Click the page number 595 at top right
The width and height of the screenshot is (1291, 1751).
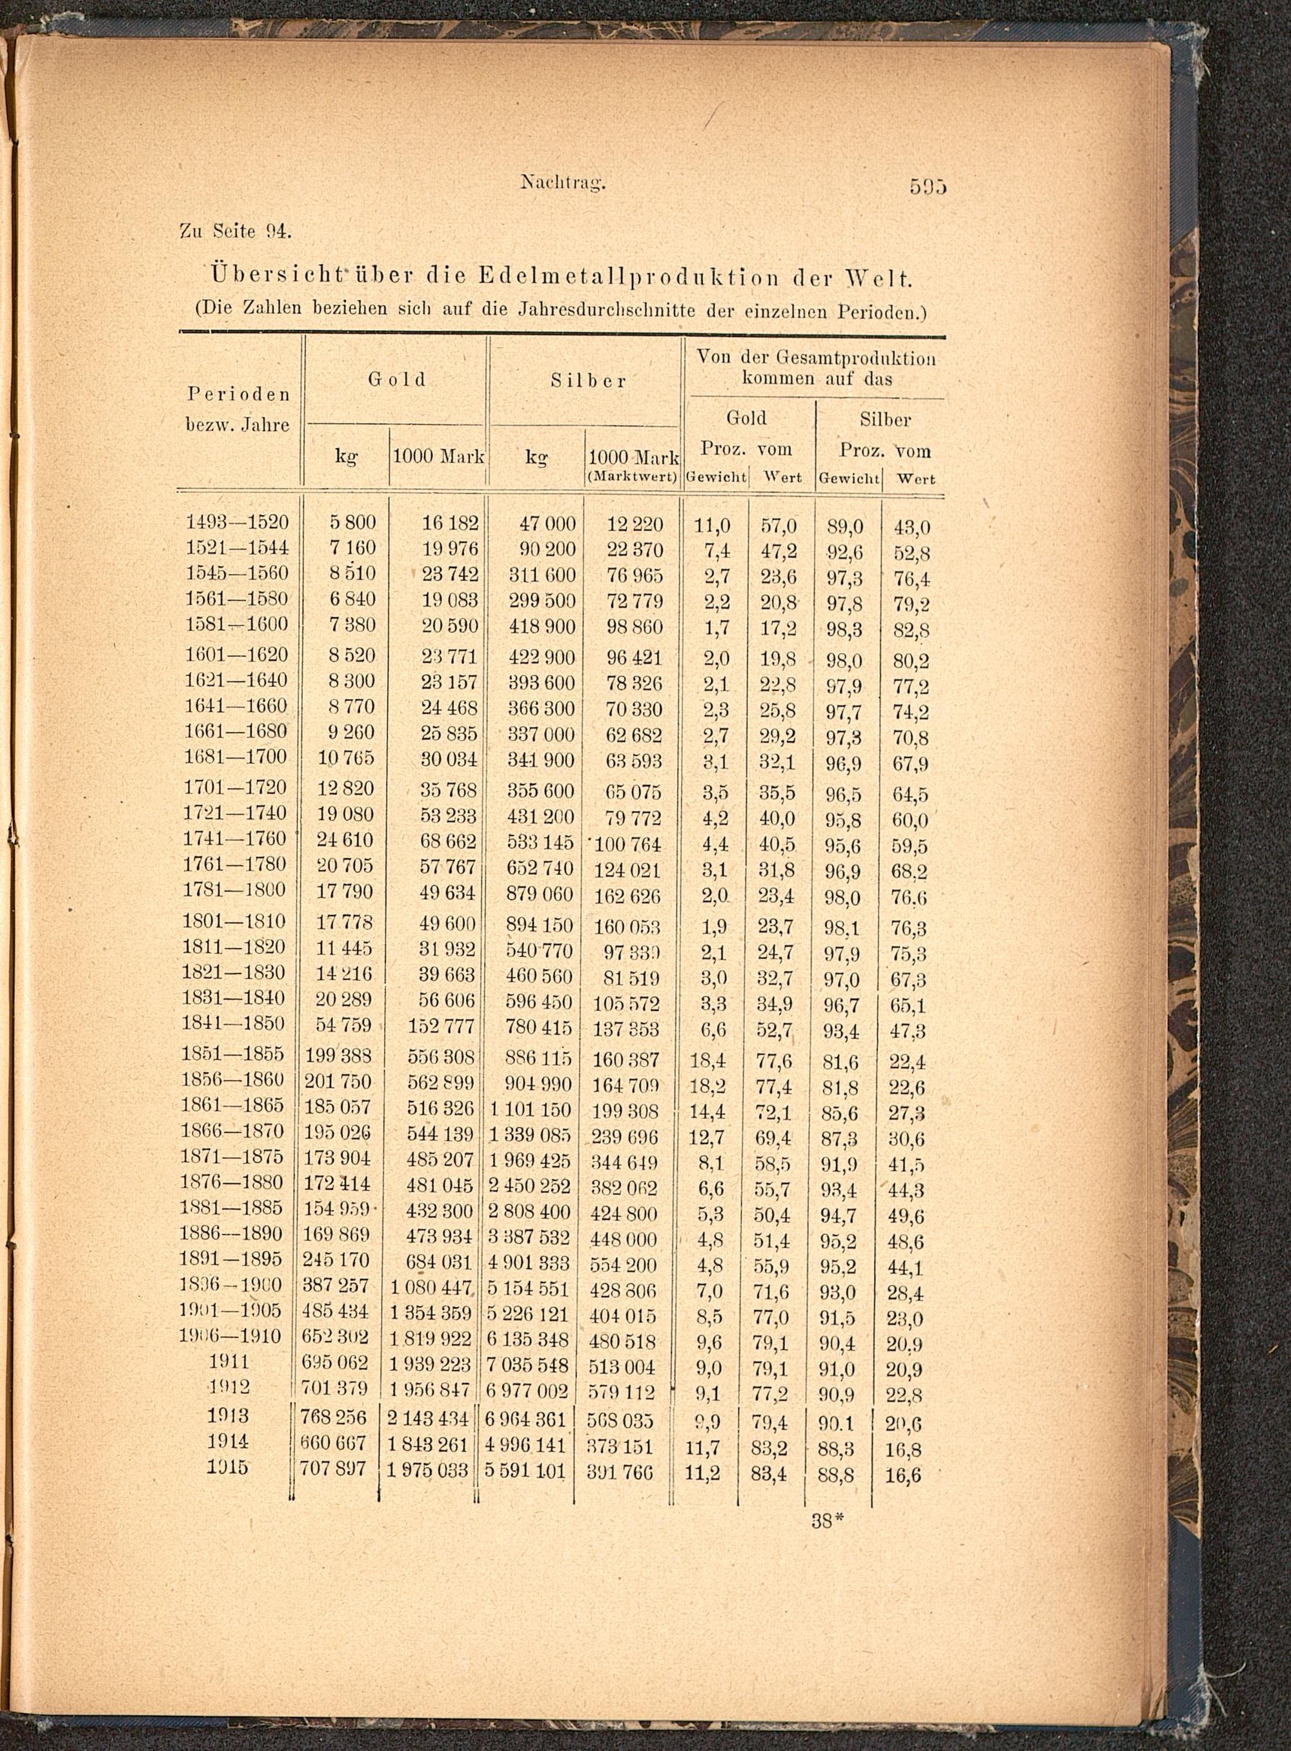tap(928, 188)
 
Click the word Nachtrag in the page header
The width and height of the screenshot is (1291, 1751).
tap(564, 185)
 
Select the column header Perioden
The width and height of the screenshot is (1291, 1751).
tap(238, 393)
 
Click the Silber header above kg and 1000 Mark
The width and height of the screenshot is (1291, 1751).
tap(587, 381)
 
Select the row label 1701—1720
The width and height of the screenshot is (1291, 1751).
tap(235, 787)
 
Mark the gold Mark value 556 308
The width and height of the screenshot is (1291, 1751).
tap(441, 1057)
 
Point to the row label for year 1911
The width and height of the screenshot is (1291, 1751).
tap(229, 1361)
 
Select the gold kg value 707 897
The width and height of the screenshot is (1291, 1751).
tap(334, 1469)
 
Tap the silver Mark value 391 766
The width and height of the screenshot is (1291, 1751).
tap(623, 1473)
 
